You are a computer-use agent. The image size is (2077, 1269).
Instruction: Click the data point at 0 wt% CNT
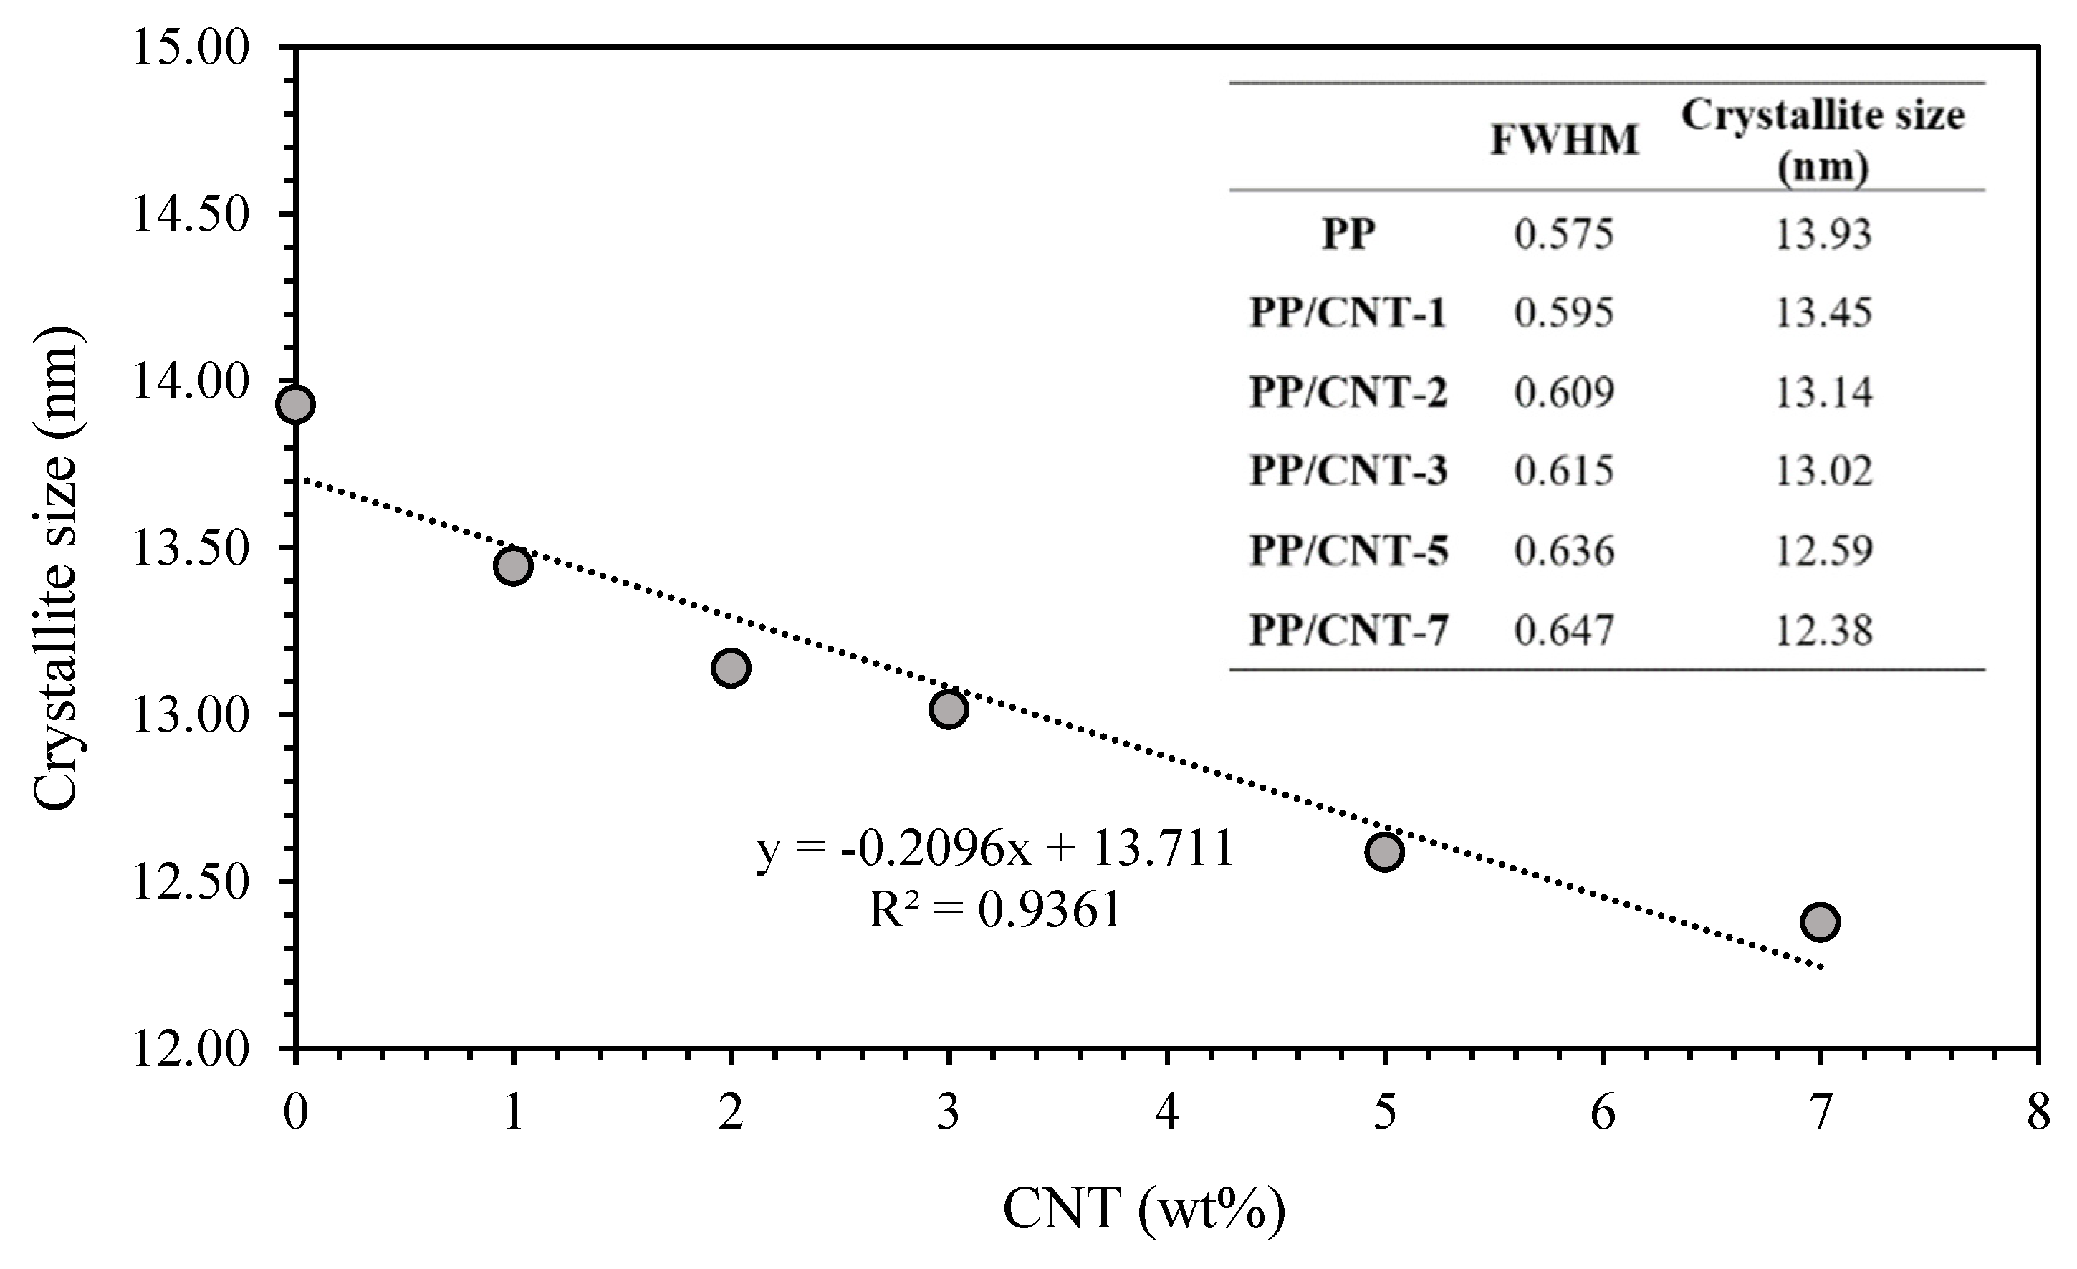(x=295, y=404)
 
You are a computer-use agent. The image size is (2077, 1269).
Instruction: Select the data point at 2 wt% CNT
(x=731, y=668)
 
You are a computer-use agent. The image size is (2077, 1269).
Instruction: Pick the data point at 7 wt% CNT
(x=1820, y=921)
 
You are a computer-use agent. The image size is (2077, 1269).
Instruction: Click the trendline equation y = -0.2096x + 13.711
(x=994, y=848)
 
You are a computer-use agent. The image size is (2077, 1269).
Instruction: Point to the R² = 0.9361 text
(x=994, y=910)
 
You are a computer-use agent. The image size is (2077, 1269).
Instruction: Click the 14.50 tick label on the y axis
(x=191, y=214)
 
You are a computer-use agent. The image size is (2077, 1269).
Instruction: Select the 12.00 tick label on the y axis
(x=191, y=1050)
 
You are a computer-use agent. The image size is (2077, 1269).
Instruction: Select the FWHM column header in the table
(x=1565, y=140)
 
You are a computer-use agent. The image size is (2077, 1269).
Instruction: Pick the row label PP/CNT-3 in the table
(x=1348, y=471)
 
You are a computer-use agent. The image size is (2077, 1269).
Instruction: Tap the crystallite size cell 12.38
(x=1823, y=630)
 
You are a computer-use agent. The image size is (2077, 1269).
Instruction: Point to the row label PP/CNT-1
(x=1348, y=313)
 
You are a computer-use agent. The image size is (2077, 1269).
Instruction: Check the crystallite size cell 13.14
(x=1823, y=392)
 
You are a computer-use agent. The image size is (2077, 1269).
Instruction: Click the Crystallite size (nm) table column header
(x=1823, y=140)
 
